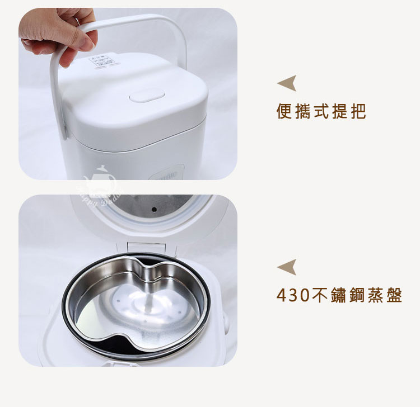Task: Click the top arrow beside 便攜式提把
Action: [287, 84]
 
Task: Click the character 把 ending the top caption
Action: [357, 112]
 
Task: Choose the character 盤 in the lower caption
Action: [394, 295]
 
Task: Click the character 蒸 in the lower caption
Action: [374, 295]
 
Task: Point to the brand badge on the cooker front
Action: [162, 174]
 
